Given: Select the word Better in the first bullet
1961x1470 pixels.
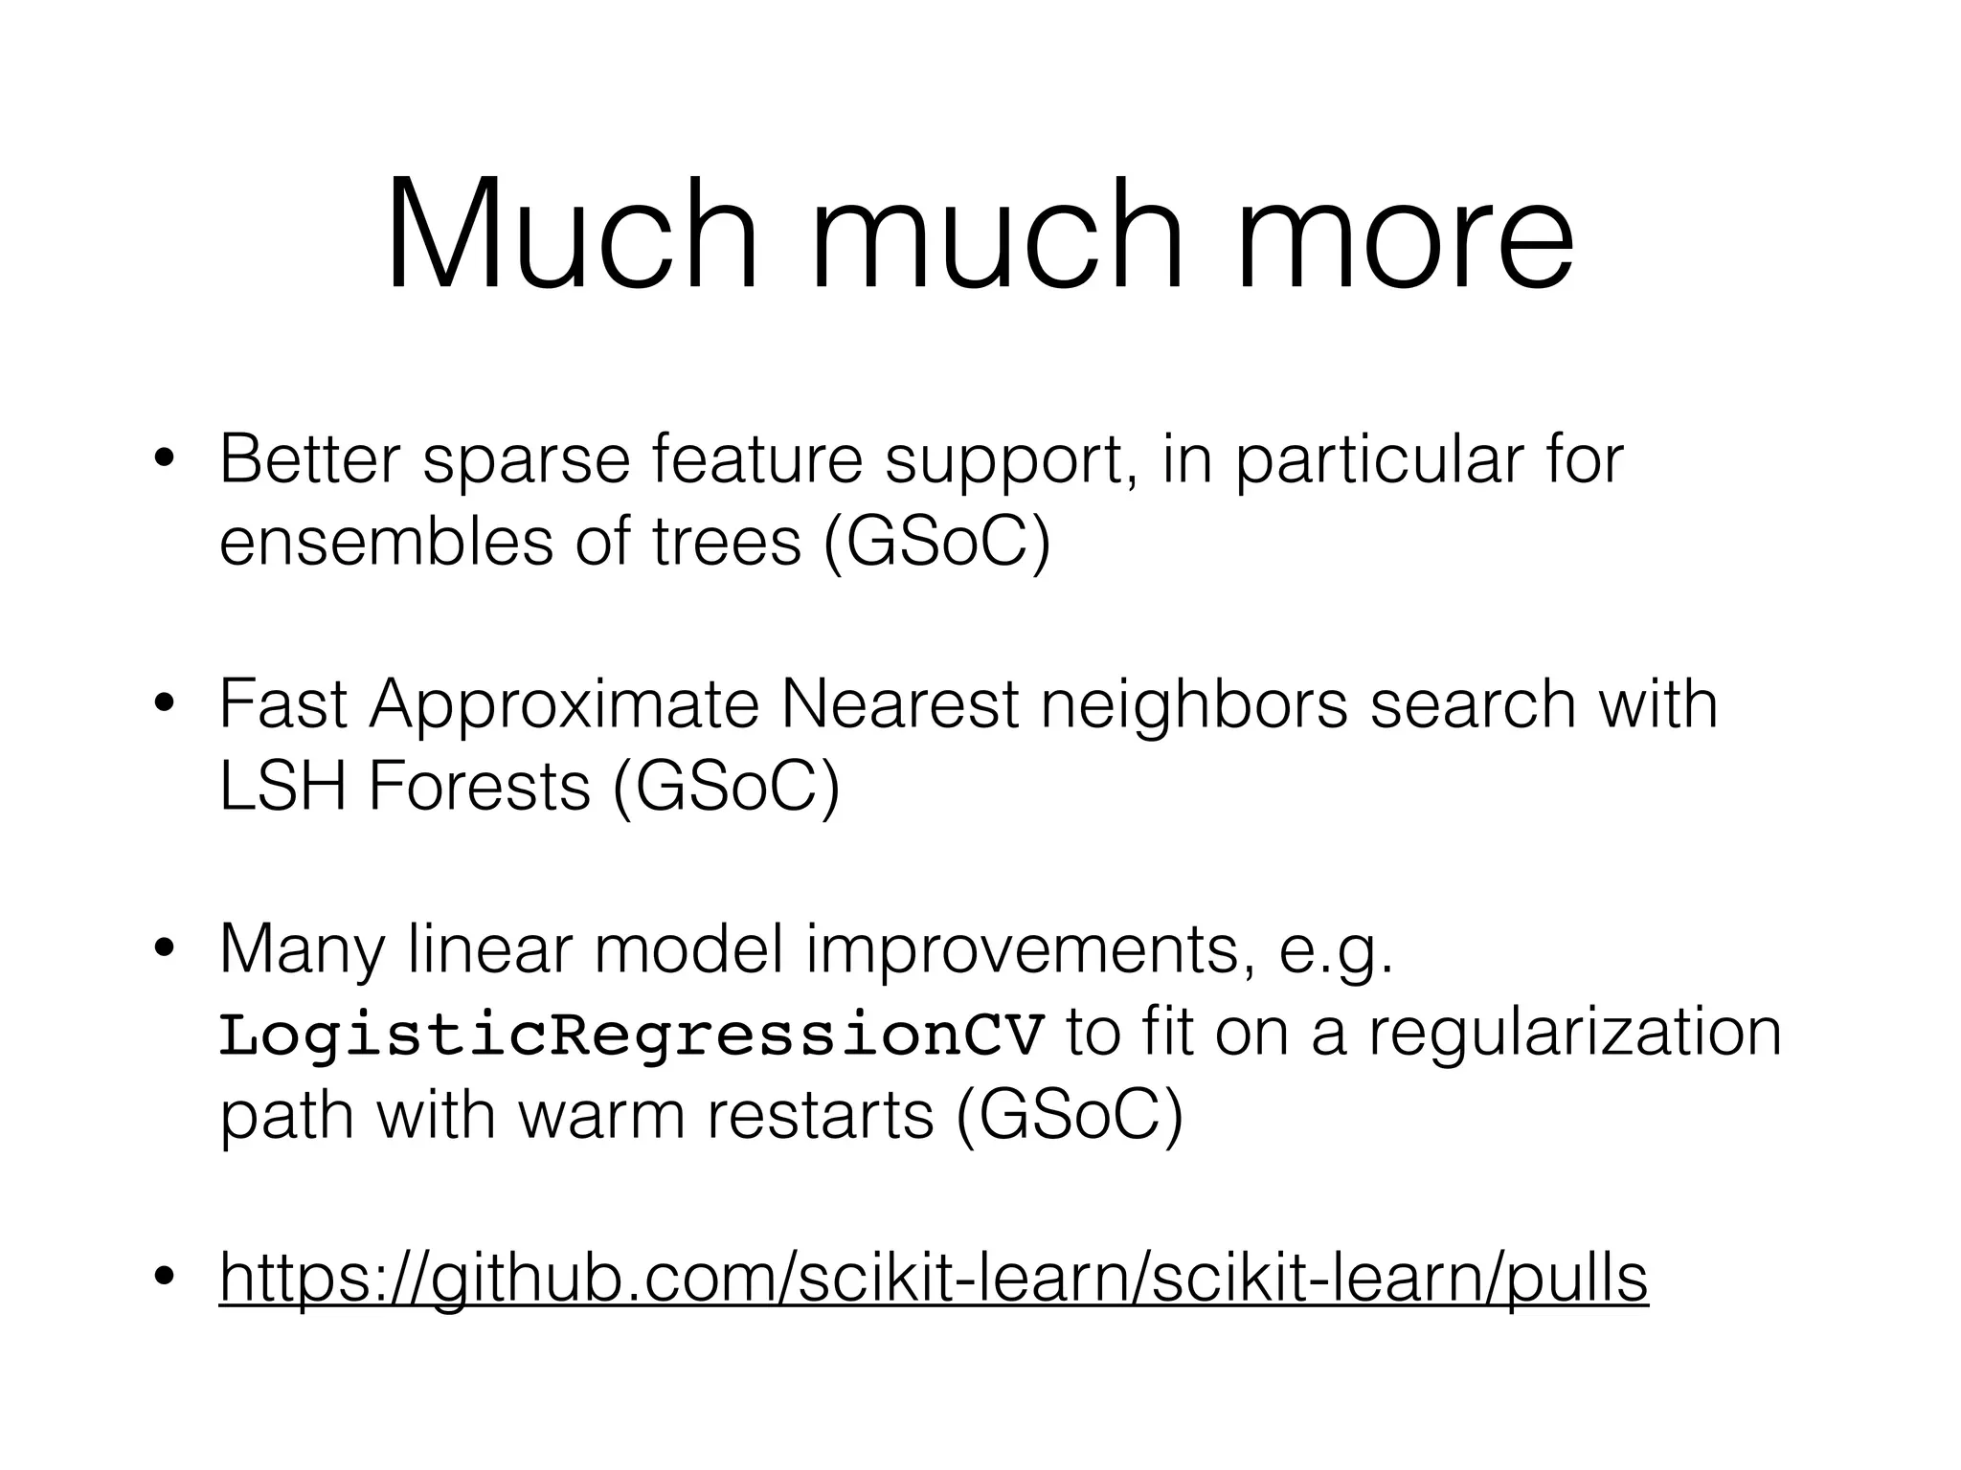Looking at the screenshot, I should [309, 459].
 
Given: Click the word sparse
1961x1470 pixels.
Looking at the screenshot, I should [526, 461].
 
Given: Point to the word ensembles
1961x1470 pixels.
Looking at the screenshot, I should [387, 542].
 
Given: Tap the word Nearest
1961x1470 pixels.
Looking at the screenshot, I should [900, 704].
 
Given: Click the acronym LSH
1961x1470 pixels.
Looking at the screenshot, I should [282, 787].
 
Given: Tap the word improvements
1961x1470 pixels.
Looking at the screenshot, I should [1023, 951].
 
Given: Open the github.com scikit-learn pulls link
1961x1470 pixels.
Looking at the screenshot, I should [934, 1279].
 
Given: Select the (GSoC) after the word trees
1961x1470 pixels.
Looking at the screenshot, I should [936, 542].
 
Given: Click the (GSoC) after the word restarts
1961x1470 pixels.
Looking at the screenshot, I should [1069, 1116].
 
